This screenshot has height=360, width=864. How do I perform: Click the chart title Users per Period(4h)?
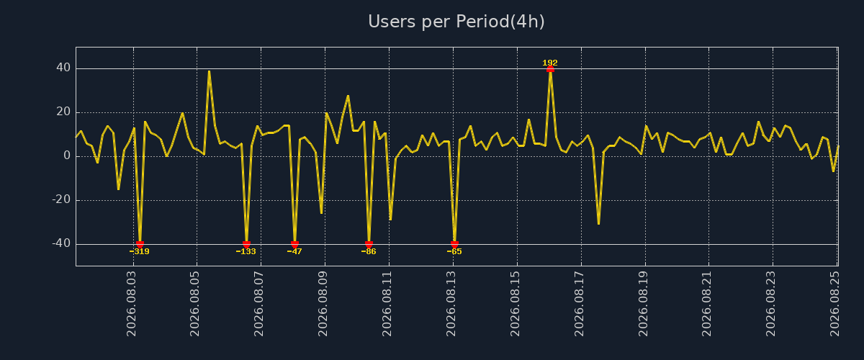(x=456, y=22)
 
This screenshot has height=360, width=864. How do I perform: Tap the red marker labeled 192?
(x=550, y=69)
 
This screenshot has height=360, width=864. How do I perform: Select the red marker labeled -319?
(x=140, y=244)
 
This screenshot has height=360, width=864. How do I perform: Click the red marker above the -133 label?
(x=246, y=244)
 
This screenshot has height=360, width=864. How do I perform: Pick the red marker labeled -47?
(x=294, y=244)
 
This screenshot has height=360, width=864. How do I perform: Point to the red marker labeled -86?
(x=369, y=244)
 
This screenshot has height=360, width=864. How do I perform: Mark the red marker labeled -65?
(x=454, y=244)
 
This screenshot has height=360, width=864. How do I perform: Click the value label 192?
(x=550, y=63)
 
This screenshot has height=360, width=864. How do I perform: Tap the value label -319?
(x=139, y=251)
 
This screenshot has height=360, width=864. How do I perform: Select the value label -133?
(x=246, y=251)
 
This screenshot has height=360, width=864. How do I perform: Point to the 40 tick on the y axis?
(x=63, y=68)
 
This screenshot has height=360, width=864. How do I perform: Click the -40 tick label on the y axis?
(x=61, y=243)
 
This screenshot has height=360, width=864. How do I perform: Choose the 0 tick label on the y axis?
(x=67, y=156)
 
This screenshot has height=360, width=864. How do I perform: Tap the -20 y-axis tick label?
(x=61, y=200)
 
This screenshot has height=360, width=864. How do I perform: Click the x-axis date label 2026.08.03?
(x=131, y=304)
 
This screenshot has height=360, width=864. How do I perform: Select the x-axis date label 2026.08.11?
(x=387, y=304)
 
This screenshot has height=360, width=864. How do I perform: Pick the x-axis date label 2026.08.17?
(x=579, y=304)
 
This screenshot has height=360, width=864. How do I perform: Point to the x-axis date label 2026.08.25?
(x=834, y=304)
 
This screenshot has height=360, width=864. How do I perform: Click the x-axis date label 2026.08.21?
(x=706, y=304)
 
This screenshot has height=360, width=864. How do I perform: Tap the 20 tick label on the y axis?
(x=63, y=112)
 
